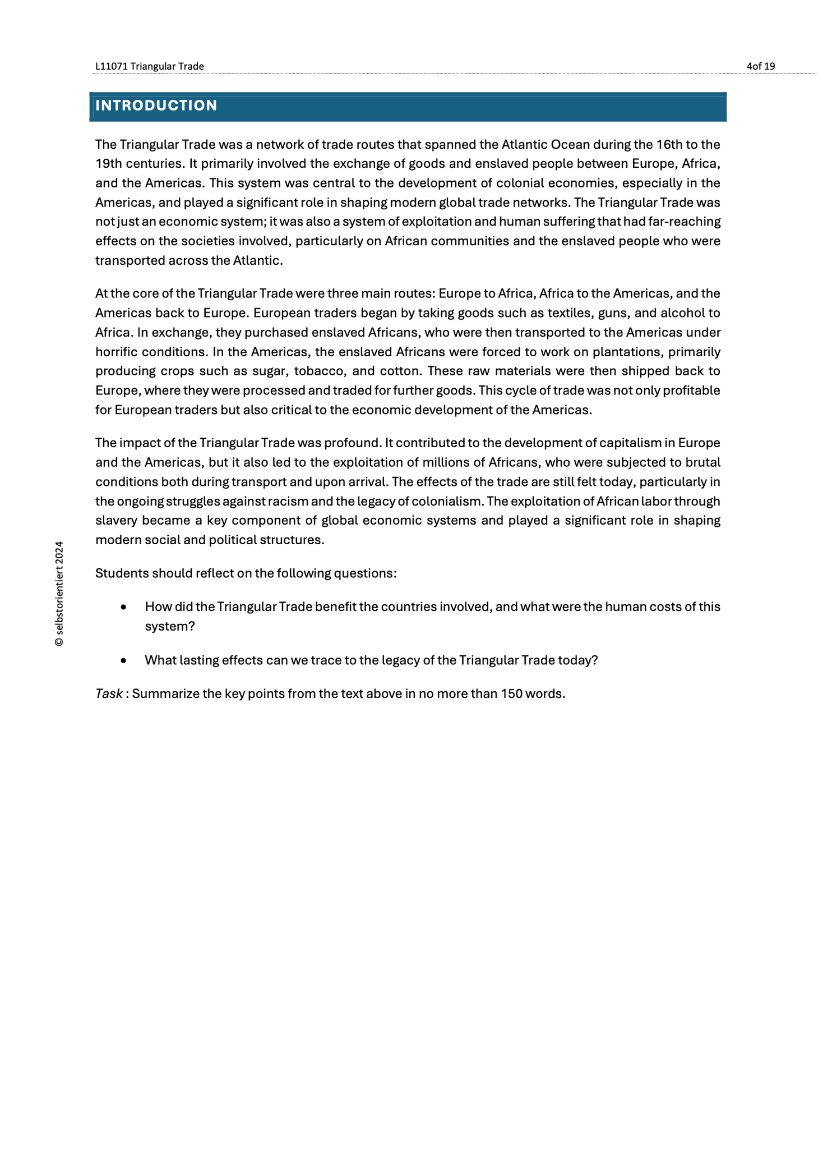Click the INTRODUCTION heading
[x=156, y=106]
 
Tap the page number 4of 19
[x=761, y=66]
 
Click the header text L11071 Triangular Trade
[x=149, y=66]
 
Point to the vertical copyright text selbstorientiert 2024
[x=59, y=594]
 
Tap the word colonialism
[x=450, y=502]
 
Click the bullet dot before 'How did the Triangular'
[x=123, y=608]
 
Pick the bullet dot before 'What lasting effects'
[x=123, y=661]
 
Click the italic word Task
[x=109, y=694]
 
